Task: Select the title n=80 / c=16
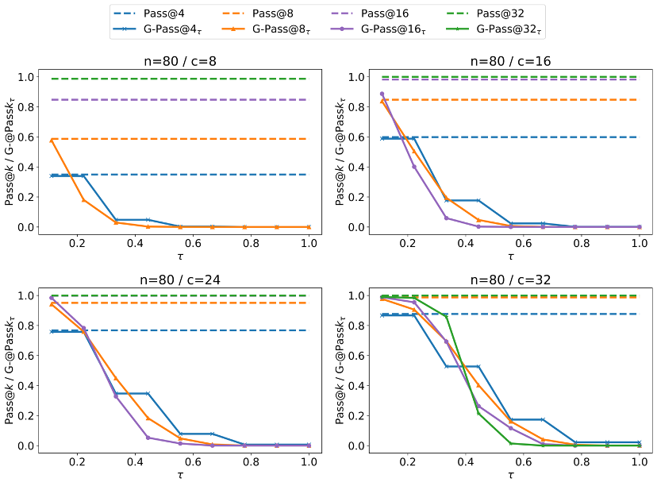point(511,61)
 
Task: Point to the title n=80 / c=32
point(511,280)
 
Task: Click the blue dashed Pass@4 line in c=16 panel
point(555,137)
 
